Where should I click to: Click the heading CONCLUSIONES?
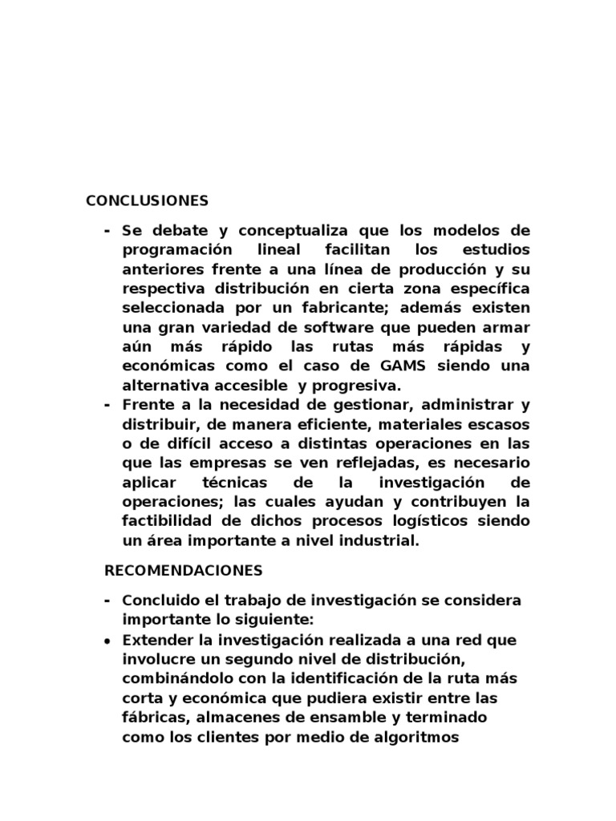147,200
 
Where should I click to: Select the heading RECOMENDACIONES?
184,570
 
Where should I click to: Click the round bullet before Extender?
108,640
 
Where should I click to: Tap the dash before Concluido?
107,601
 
